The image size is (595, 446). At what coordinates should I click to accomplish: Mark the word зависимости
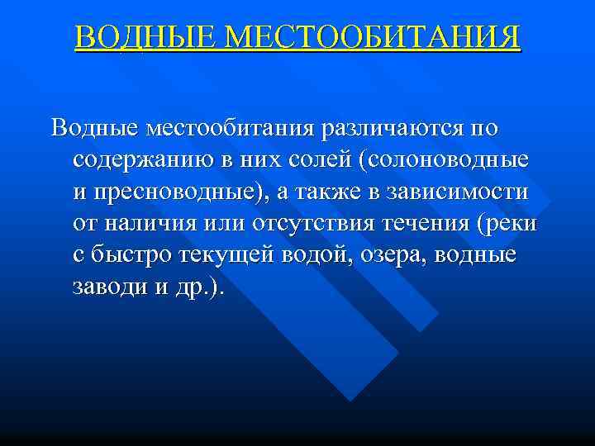coord(468,192)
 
